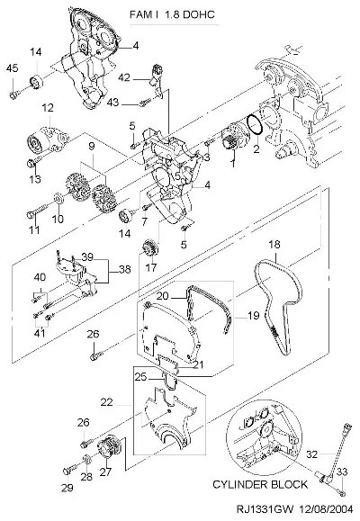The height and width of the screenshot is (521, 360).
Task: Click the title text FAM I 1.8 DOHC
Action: point(172,14)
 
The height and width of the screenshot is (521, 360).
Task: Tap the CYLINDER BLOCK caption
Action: point(260,484)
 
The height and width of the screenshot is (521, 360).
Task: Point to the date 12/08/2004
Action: point(326,509)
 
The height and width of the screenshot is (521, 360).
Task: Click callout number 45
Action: point(12,68)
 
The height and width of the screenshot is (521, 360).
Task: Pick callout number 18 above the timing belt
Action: point(274,245)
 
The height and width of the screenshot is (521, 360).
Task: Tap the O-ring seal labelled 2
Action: point(256,125)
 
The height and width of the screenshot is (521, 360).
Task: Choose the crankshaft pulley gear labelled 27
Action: point(109,447)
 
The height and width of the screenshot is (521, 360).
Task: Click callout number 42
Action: point(124,78)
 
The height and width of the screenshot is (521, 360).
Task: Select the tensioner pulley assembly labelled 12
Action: point(47,140)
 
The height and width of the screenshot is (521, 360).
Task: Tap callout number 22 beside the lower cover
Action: point(107,402)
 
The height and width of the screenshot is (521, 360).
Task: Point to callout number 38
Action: point(125,269)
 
